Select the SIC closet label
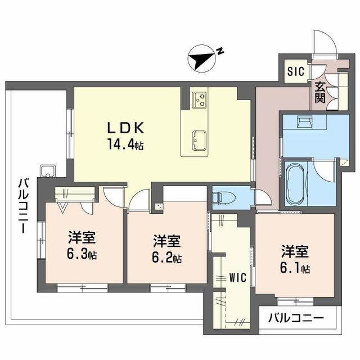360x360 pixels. coord(295,71)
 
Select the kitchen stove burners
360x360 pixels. coord(200,100)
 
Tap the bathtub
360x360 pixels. coord(294,186)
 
